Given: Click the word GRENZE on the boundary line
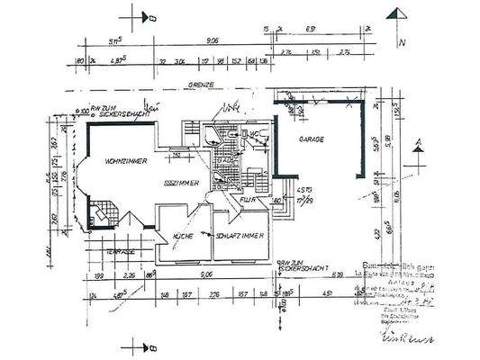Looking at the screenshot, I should point(200,85).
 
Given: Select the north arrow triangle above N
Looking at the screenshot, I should point(396,15).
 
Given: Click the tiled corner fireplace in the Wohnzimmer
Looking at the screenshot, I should point(102,215).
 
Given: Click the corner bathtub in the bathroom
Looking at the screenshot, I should point(212,135).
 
